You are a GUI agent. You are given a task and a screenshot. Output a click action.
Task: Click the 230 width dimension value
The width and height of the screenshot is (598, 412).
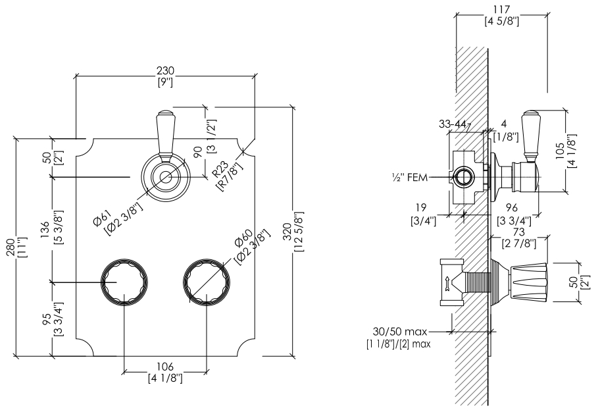coord(165,71)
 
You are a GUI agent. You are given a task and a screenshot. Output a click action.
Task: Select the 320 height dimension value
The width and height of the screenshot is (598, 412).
coord(288,232)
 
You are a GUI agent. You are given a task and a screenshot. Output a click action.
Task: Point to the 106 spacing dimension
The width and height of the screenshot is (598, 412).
coord(165,367)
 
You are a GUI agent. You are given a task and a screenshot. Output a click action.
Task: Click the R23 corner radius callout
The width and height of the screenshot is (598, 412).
coord(220,168)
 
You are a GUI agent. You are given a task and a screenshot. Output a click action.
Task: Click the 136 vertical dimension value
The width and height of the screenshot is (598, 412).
coord(44,230)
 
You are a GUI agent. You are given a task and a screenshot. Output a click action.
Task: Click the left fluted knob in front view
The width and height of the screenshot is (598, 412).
coord(124,282)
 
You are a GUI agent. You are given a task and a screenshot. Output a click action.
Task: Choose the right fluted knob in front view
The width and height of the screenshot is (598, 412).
coord(207,282)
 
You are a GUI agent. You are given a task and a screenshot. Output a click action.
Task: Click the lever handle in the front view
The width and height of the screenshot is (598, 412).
coord(166,136)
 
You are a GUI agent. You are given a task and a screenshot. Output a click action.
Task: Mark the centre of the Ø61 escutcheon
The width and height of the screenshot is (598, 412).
coord(166,177)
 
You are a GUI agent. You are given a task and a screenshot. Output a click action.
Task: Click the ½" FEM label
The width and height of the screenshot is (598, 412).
coord(409,178)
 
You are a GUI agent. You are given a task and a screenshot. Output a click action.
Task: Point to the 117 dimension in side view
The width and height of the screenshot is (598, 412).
coord(502,9)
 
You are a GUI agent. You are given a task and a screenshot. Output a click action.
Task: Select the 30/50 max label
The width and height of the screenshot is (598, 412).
coord(400,332)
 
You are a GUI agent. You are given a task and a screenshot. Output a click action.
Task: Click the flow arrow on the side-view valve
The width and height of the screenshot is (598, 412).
coord(445,283)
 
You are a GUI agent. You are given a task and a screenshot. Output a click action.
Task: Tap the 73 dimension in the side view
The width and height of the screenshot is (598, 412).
coord(519,232)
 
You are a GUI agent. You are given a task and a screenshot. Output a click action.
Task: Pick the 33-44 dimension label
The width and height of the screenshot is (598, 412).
coord(453,124)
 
